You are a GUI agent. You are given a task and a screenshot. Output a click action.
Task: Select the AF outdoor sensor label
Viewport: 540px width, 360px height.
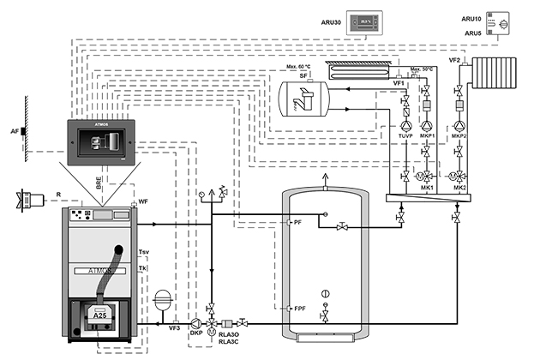point(15,132)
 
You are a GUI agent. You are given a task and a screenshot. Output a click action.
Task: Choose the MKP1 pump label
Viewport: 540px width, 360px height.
point(429,137)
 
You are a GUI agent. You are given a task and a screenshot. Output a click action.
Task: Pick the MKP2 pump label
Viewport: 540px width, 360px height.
point(460,137)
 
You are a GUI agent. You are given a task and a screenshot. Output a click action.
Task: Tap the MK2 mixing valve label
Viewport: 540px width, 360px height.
point(460,188)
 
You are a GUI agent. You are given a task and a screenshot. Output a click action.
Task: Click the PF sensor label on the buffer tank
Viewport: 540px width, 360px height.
point(297,223)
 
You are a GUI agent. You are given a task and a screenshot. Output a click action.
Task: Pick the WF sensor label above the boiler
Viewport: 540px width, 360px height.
point(144,201)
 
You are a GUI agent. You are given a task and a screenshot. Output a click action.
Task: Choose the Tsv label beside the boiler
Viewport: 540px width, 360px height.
point(142,252)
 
